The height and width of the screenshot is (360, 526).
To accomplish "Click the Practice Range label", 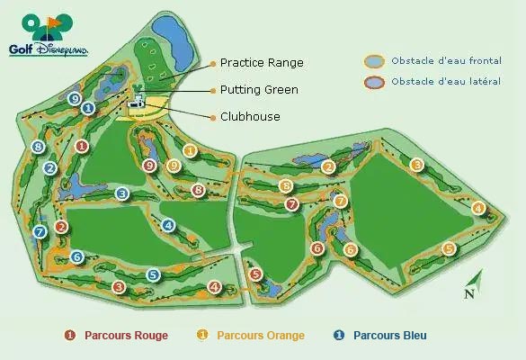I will click(262, 63).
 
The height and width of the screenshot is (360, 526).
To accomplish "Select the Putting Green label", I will click(259, 90).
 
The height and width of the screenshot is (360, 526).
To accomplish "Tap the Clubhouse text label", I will click(250, 117).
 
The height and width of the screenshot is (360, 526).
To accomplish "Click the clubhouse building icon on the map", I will click(138, 103).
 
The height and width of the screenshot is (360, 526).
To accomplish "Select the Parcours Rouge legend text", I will click(126, 336).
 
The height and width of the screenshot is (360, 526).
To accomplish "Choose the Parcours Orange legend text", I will click(261, 336).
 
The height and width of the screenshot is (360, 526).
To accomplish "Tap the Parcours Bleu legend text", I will click(389, 336).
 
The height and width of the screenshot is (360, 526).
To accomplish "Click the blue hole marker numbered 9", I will click(75, 98).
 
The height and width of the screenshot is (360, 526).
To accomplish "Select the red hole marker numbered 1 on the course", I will click(83, 146).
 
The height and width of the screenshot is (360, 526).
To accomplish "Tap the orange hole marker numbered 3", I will click(416, 165).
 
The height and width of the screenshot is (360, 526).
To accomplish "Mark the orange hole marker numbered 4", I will click(478, 209).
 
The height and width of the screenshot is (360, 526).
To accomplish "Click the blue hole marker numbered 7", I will click(40, 232).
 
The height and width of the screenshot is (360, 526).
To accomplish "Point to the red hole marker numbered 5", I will click(256, 274).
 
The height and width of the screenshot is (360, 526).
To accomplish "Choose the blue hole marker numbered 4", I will click(168, 224).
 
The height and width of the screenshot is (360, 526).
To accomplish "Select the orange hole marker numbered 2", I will click(329, 166).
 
